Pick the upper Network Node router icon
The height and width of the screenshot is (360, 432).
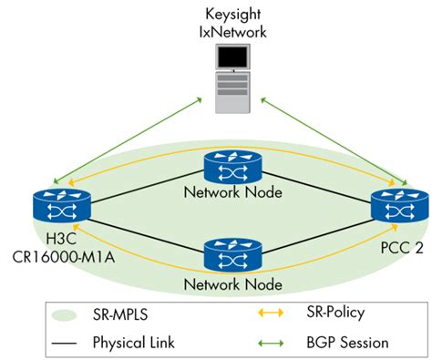click(224, 167)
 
